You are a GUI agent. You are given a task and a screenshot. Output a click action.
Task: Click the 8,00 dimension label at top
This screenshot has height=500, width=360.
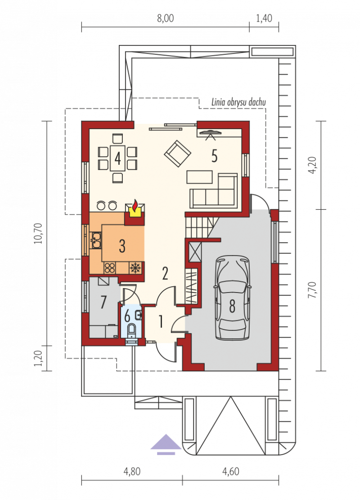pyautogui.click(x=166, y=18)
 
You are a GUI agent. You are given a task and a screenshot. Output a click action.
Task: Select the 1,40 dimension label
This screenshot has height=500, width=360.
pyautogui.click(x=264, y=18)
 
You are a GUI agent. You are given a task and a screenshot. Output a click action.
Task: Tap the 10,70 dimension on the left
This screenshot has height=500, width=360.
pyautogui.click(x=38, y=234)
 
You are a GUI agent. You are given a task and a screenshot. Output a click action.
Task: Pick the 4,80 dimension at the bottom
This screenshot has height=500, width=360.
pyautogui.click(x=132, y=472)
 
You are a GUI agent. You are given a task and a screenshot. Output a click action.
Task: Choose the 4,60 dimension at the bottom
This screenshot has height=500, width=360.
pyautogui.click(x=230, y=472)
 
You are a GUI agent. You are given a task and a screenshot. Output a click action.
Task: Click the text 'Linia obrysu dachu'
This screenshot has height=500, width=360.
pyautogui.click(x=238, y=102)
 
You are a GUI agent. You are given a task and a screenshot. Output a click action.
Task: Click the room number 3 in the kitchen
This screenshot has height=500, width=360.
pyautogui.click(x=122, y=246)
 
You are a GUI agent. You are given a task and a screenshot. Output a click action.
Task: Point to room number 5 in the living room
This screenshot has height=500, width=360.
pyautogui.click(x=214, y=156)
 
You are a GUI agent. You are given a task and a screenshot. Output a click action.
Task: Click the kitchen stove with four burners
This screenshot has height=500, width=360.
pyautogui.click(x=109, y=268)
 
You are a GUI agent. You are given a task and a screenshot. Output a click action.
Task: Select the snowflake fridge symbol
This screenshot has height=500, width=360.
pyautogui.click(x=136, y=268)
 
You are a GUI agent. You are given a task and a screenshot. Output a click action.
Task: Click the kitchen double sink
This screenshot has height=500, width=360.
pyautogui.click(x=96, y=240)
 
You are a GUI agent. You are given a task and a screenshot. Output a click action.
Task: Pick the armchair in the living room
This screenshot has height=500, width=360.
pyautogui.click(x=178, y=154)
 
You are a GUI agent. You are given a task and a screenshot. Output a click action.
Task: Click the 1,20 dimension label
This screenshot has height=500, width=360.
pyautogui.click(x=38, y=358)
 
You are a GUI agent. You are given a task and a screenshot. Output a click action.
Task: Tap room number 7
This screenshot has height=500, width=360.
pyautogui.click(x=103, y=302)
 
